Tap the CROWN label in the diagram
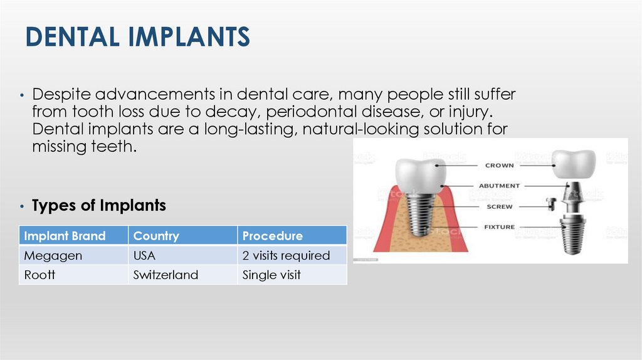[499, 166]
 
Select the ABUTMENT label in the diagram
[499, 186]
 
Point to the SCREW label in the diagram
[499, 206]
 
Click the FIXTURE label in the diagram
[499, 227]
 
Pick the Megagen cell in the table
[45, 255]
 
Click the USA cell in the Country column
[144, 255]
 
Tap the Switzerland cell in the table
[166, 275]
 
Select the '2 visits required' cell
[286, 255]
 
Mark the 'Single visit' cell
[271, 275]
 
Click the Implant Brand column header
[65, 236]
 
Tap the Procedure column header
[273, 236]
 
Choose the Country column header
[156, 236]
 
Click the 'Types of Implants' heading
[99, 205]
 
